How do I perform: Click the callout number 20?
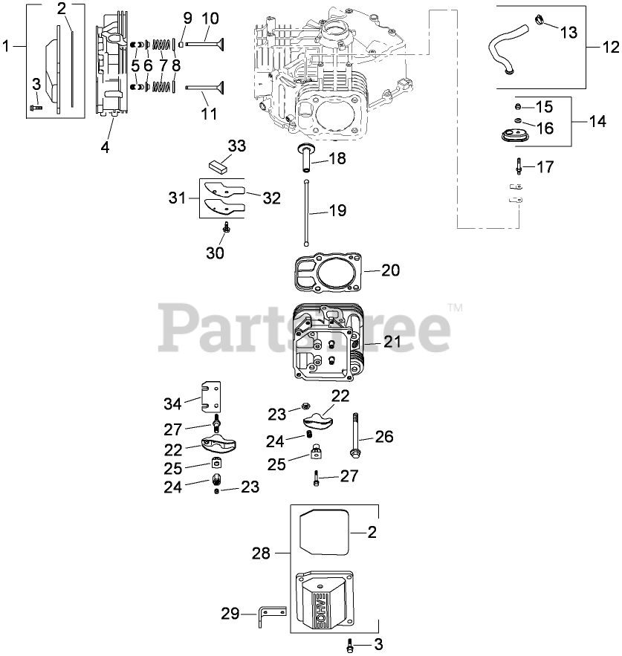coord(391,270)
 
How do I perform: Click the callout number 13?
coord(567,33)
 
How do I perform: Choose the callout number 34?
coord(172,403)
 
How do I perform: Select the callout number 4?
coord(105,147)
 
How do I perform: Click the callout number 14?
coord(597,121)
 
